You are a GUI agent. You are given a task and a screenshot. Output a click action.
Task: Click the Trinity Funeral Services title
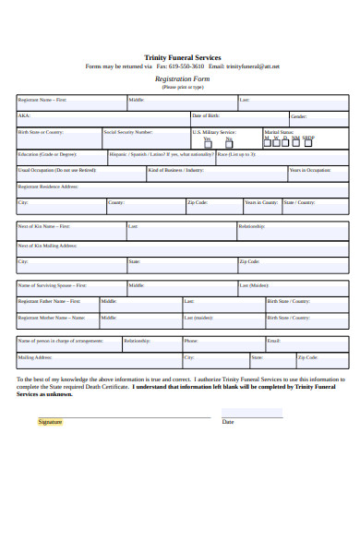tap(183, 57)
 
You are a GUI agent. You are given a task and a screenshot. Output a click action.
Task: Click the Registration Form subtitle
tap(183, 79)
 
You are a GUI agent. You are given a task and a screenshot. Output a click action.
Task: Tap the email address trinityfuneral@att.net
tap(253, 67)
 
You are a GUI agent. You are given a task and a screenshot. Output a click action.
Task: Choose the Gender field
tap(318, 117)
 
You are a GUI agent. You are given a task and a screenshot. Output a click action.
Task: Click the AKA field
tap(102, 117)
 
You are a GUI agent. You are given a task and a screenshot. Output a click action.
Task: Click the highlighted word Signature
tap(50, 422)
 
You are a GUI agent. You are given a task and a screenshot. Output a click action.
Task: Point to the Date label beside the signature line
tap(228, 422)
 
